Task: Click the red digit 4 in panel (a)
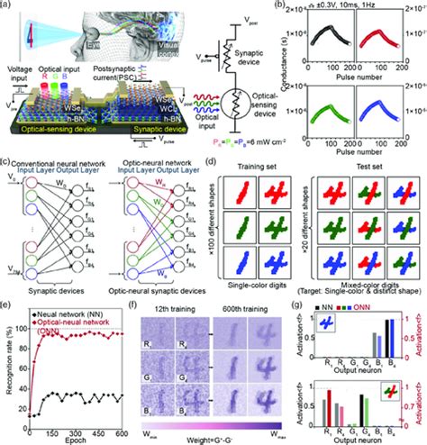tap(32, 31)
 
